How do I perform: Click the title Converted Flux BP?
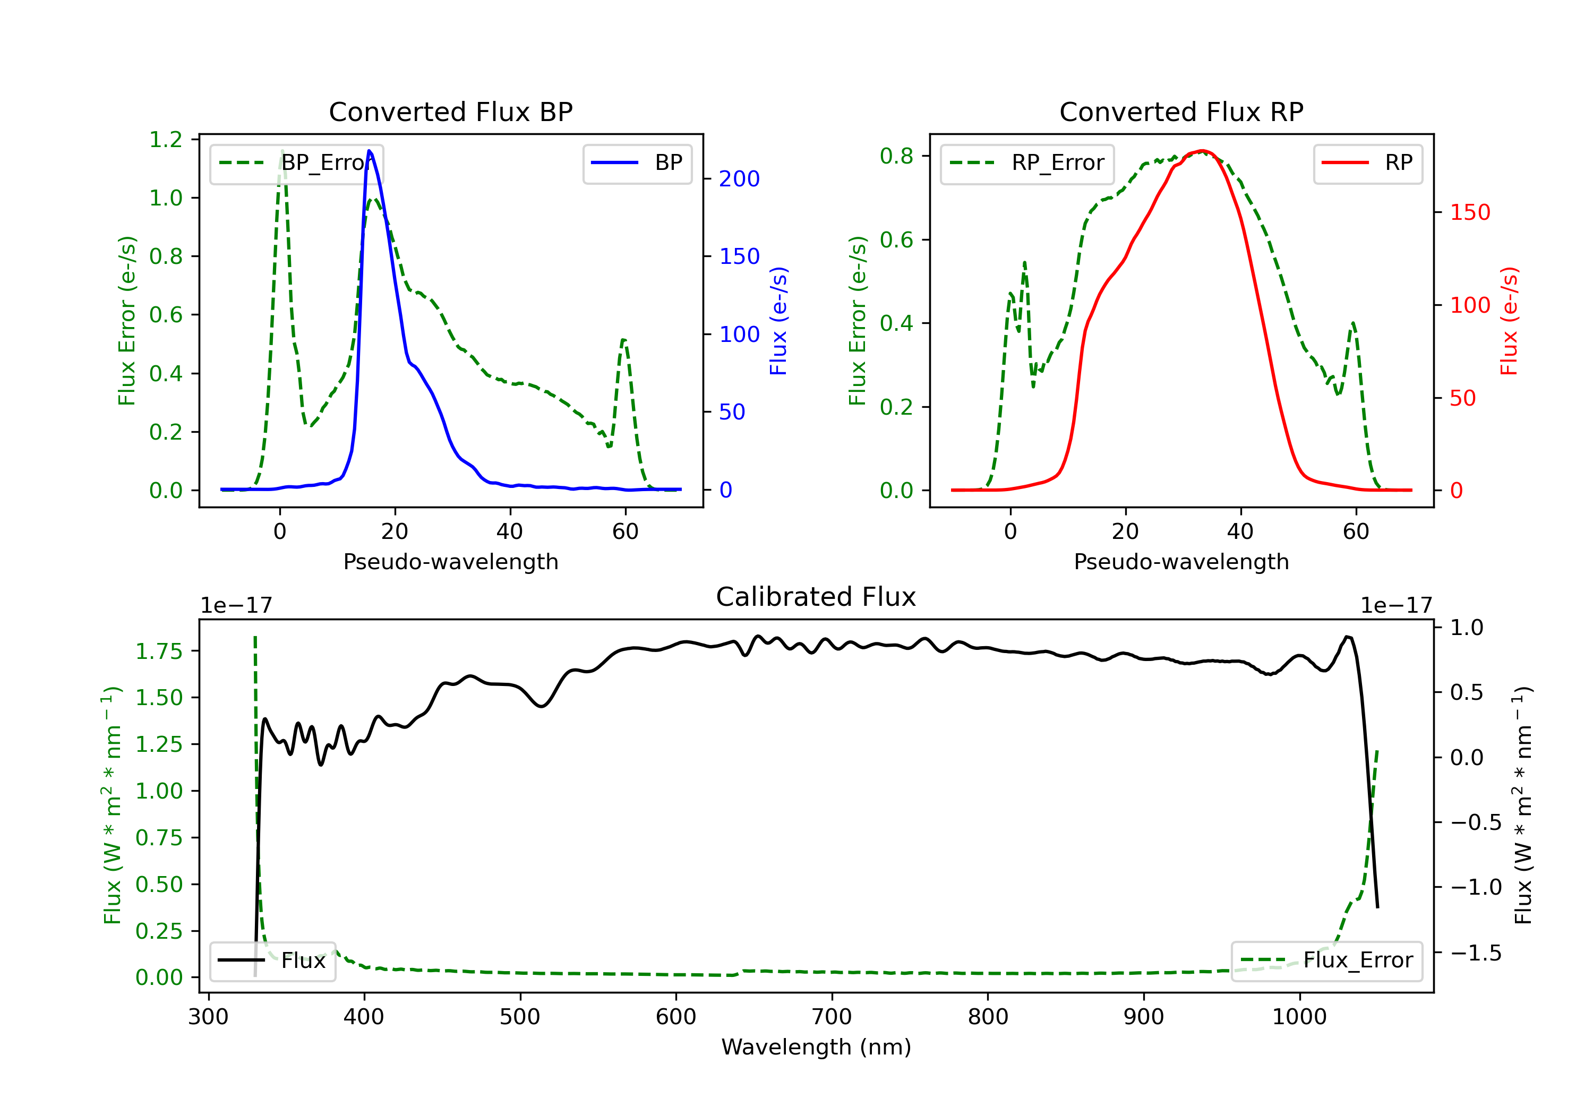tap(450, 111)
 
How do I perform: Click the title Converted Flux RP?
tap(1181, 111)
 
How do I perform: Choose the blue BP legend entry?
tap(637, 163)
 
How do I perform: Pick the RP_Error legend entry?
tap(1027, 163)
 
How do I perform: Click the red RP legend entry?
tap(1367, 163)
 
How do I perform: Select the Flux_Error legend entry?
tap(1326, 960)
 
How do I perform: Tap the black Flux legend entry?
tap(273, 960)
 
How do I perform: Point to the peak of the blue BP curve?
tap(369, 151)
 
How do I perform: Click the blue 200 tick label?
tap(739, 179)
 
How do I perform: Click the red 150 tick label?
tap(1469, 212)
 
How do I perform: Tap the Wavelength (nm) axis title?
tap(816, 1047)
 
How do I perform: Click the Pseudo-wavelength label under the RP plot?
tap(1181, 561)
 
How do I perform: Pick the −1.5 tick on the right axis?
tap(1475, 953)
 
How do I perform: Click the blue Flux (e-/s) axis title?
tap(778, 321)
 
